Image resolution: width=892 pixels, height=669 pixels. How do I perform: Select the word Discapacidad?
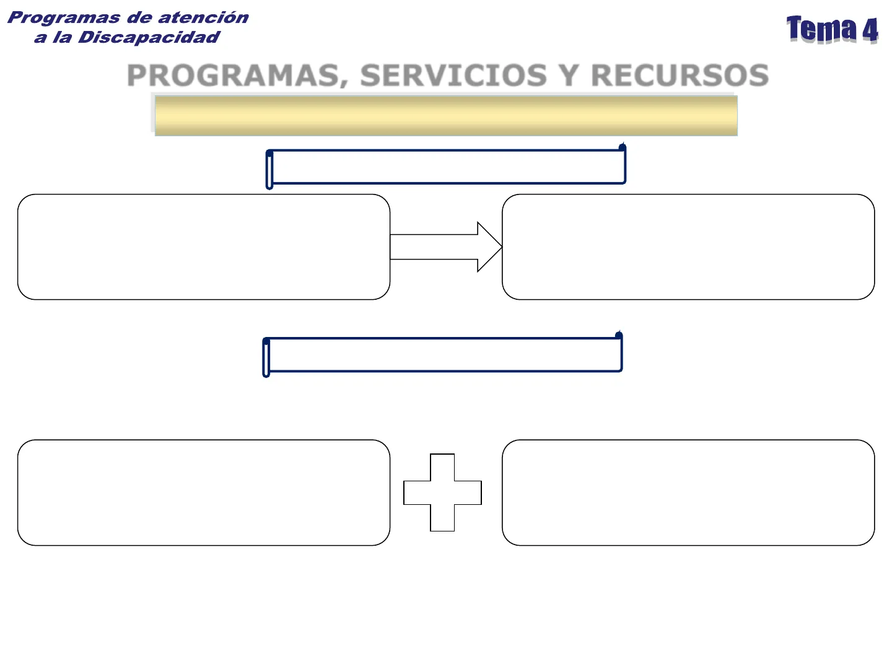[149, 37]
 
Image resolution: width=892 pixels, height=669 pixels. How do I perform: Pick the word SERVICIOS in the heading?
[453, 76]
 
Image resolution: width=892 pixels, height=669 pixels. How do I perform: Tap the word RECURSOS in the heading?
[680, 76]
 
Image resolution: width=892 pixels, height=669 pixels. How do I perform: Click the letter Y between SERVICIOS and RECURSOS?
[569, 76]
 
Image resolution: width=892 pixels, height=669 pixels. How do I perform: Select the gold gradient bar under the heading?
[446, 115]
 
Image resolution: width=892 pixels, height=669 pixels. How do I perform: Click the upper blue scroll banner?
[446, 167]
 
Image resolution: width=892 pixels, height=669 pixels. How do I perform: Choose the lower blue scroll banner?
[443, 355]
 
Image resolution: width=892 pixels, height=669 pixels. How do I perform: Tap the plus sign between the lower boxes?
[442, 492]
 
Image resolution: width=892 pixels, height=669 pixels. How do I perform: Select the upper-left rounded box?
[204, 247]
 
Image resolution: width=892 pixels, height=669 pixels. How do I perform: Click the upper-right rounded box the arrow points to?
[688, 247]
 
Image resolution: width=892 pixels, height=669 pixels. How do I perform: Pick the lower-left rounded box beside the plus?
[204, 492]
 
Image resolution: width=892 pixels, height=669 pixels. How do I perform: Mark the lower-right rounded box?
[688, 492]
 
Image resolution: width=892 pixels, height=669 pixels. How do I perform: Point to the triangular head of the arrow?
[488, 247]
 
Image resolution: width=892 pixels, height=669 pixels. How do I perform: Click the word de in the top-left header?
[139, 17]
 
